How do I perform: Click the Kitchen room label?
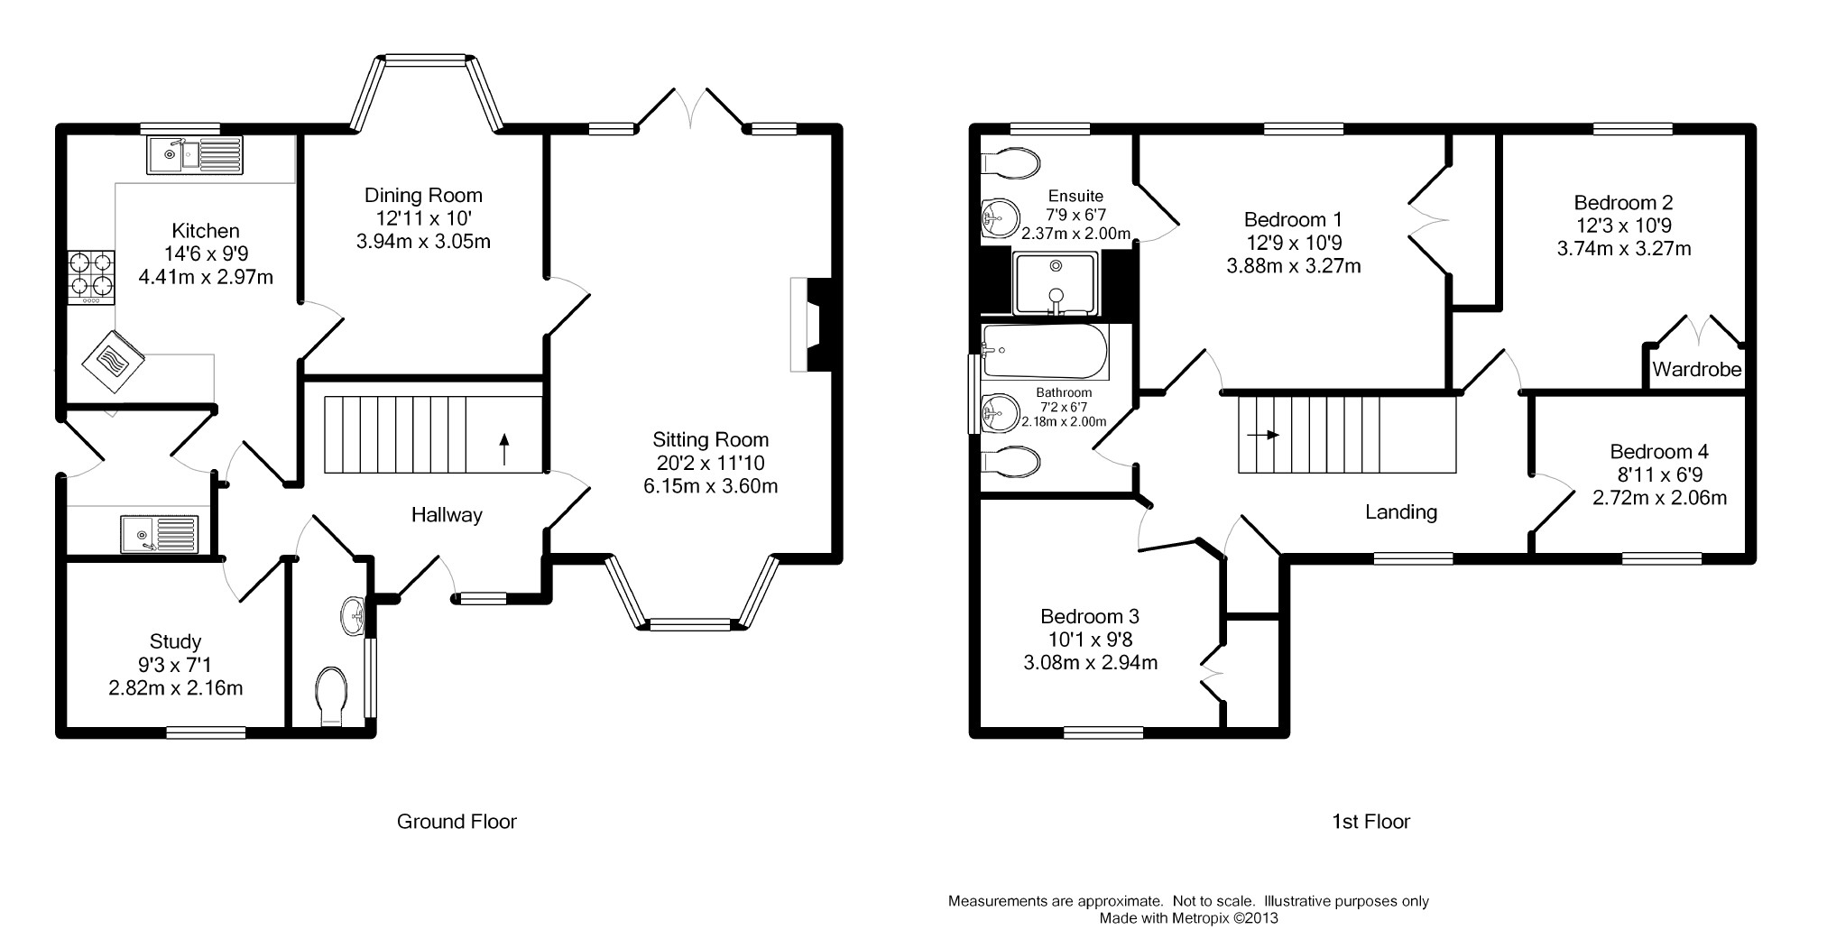point(206,231)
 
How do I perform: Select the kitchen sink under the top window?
point(194,154)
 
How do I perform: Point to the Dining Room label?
point(423,195)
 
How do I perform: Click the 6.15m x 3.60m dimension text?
point(710,486)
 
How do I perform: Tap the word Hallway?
point(447,515)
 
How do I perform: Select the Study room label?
point(175,642)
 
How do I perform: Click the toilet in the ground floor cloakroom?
point(333,695)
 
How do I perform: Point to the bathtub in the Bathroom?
point(1042,352)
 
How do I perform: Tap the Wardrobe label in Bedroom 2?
point(1696,370)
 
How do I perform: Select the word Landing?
point(1400,512)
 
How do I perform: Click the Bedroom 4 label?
point(1658,452)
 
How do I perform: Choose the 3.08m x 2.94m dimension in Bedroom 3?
point(1089,663)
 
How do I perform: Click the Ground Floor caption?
point(457,822)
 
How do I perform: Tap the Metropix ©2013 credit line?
point(1187,918)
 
